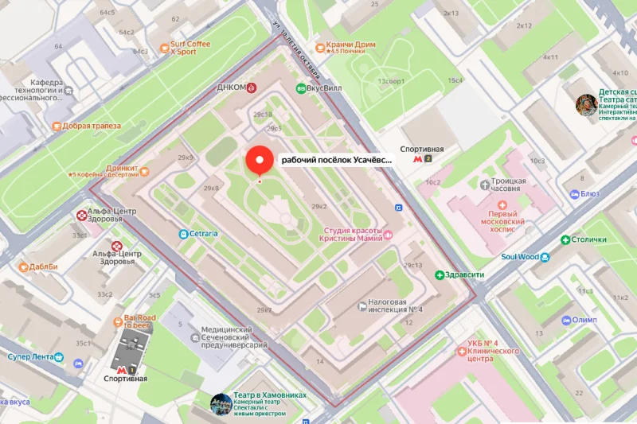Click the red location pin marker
[258, 159]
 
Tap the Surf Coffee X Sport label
[190, 48]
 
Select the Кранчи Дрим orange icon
[320, 46]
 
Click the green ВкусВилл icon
[301, 88]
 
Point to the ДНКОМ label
[231, 88]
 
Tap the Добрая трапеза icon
[57, 126]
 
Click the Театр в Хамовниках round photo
[221, 403]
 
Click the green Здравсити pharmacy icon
[439, 275]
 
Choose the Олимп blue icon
[566, 320]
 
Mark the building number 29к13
[414, 265]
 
